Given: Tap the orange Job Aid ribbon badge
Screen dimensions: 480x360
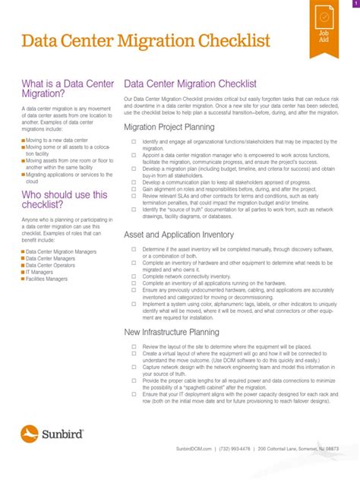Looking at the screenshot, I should click(323, 29).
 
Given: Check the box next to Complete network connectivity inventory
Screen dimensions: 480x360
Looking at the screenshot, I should click(133, 276).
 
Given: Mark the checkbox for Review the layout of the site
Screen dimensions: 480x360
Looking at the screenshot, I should click(133, 346).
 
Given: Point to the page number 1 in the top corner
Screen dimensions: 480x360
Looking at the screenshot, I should click(355, 4).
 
